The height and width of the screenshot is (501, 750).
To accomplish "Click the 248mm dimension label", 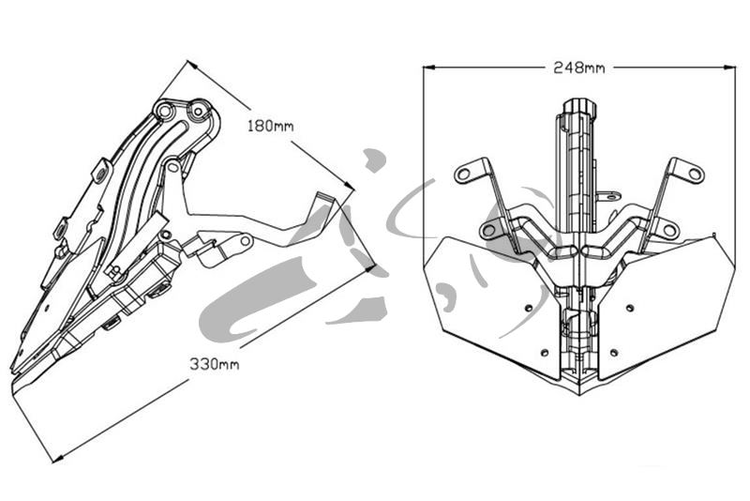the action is pos(578,68).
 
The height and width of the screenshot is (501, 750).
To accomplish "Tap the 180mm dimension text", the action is pos(270,126).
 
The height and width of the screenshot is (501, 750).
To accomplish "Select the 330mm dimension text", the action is pos(215,364).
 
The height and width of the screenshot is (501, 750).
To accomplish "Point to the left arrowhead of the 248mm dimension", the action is pos(429,68).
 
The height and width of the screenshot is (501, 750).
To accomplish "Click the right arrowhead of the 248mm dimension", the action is pos(730,68).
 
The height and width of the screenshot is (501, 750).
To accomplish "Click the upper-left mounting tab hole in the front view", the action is pos(463,174).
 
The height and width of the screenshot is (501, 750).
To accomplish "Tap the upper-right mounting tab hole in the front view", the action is pos(695,174).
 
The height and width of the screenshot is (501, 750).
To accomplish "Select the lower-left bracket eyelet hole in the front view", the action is pos(488,230).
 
